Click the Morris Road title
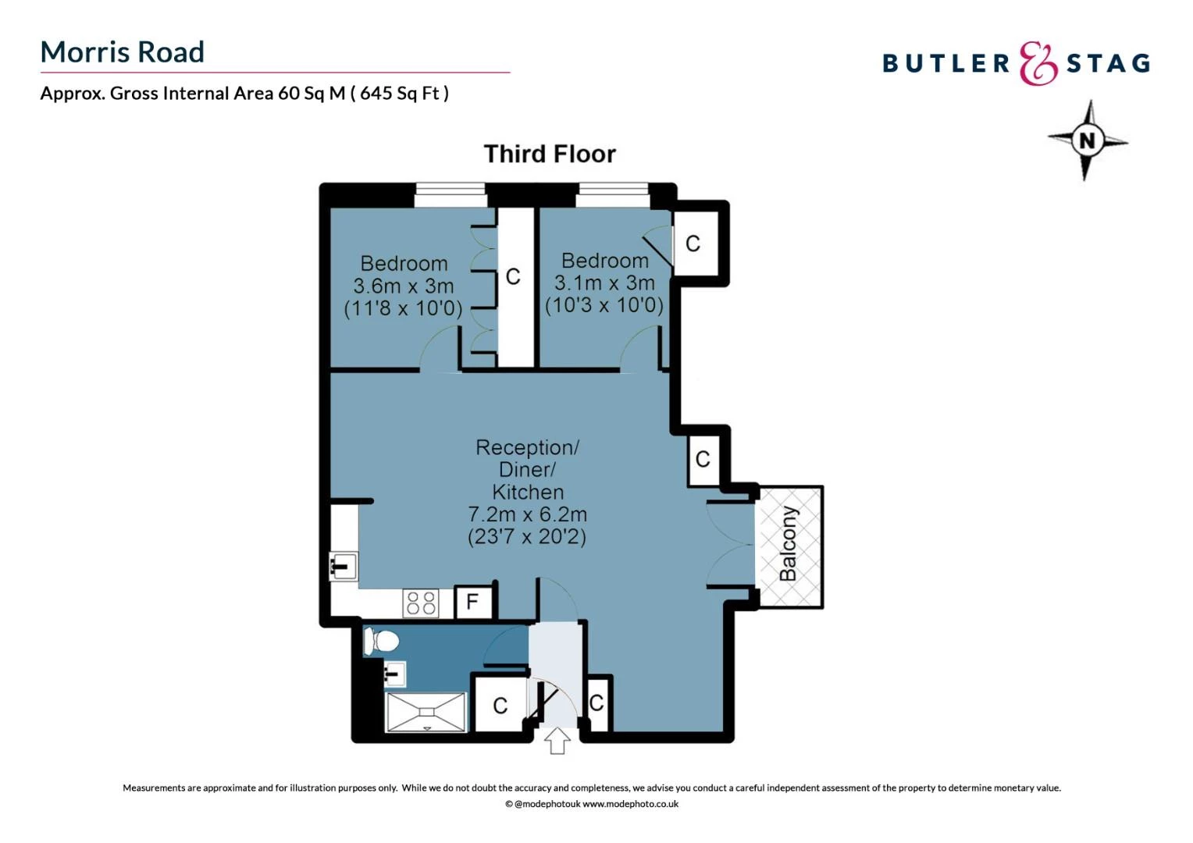click(x=122, y=52)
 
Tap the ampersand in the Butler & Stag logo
click(x=1038, y=63)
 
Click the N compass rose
click(x=1087, y=140)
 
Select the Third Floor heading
click(x=550, y=154)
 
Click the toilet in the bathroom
click(x=382, y=642)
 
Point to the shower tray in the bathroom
click(x=426, y=712)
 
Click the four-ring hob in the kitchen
click(x=422, y=603)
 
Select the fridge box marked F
click(x=472, y=602)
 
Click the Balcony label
click(x=788, y=543)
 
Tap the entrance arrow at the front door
click(x=557, y=740)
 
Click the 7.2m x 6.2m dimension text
click(x=527, y=514)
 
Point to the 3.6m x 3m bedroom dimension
click(x=403, y=286)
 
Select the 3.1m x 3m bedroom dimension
click(x=604, y=283)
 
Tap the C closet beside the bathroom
click(x=500, y=706)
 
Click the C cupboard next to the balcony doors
click(x=703, y=459)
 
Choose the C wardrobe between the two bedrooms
click(x=513, y=276)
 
